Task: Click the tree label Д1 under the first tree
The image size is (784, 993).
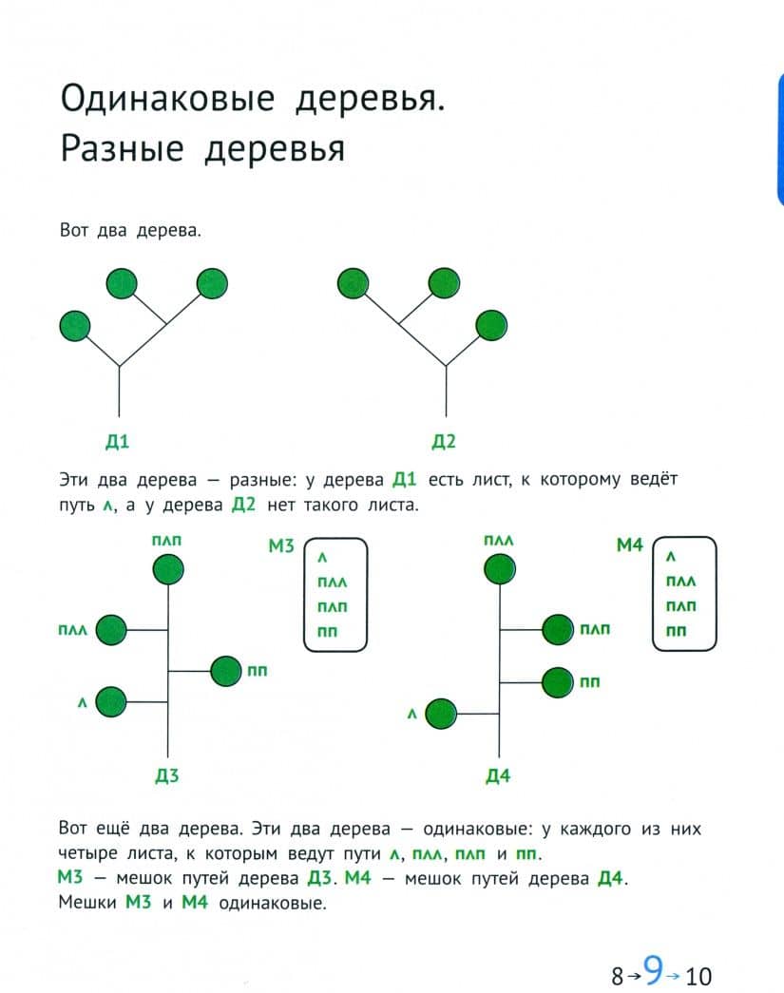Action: pyautogui.click(x=117, y=441)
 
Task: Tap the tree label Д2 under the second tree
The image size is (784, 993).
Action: pyautogui.click(x=443, y=441)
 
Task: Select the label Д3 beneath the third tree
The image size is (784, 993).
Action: pyautogui.click(x=167, y=775)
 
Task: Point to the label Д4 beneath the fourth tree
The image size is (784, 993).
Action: pyautogui.click(x=498, y=775)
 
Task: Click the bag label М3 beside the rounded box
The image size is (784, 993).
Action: pyautogui.click(x=281, y=545)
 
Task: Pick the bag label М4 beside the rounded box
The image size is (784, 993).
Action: pyautogui.click(x=629, y=544)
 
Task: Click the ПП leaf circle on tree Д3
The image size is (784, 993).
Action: pyautogui.click(x=226, y=671)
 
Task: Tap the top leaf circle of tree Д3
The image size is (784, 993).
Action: pyautogui.click(x=168, y=569)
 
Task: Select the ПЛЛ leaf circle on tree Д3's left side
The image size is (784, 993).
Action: pyautogui.click(x=111, y=630)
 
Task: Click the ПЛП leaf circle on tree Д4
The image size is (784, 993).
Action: pyautogui.click(x=558, y=629)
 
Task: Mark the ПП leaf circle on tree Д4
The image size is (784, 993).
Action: pyautogui.click(x=558, y=682)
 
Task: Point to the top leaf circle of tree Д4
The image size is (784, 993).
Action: pyautogui.click(x=500, y=568)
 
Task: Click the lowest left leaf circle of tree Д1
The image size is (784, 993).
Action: pyautogui.click(x=75, y=326)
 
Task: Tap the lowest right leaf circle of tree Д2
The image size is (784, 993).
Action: pyautogui.click(x=491, y=326)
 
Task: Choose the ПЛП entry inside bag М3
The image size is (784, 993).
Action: pyautogui.click(x=333, y=606)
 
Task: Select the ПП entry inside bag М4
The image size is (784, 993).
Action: pyautogui.click(x=676, y=631)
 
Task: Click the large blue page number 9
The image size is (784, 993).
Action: pyautogui.click(x=653, y=968)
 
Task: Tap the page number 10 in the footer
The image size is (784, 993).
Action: pyautogui.click(x=698, y=976)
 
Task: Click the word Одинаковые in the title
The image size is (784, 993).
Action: pyautogui.click(x=168, y=100)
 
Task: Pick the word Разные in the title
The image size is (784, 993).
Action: pyautogui.click(x=123, y=149)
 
